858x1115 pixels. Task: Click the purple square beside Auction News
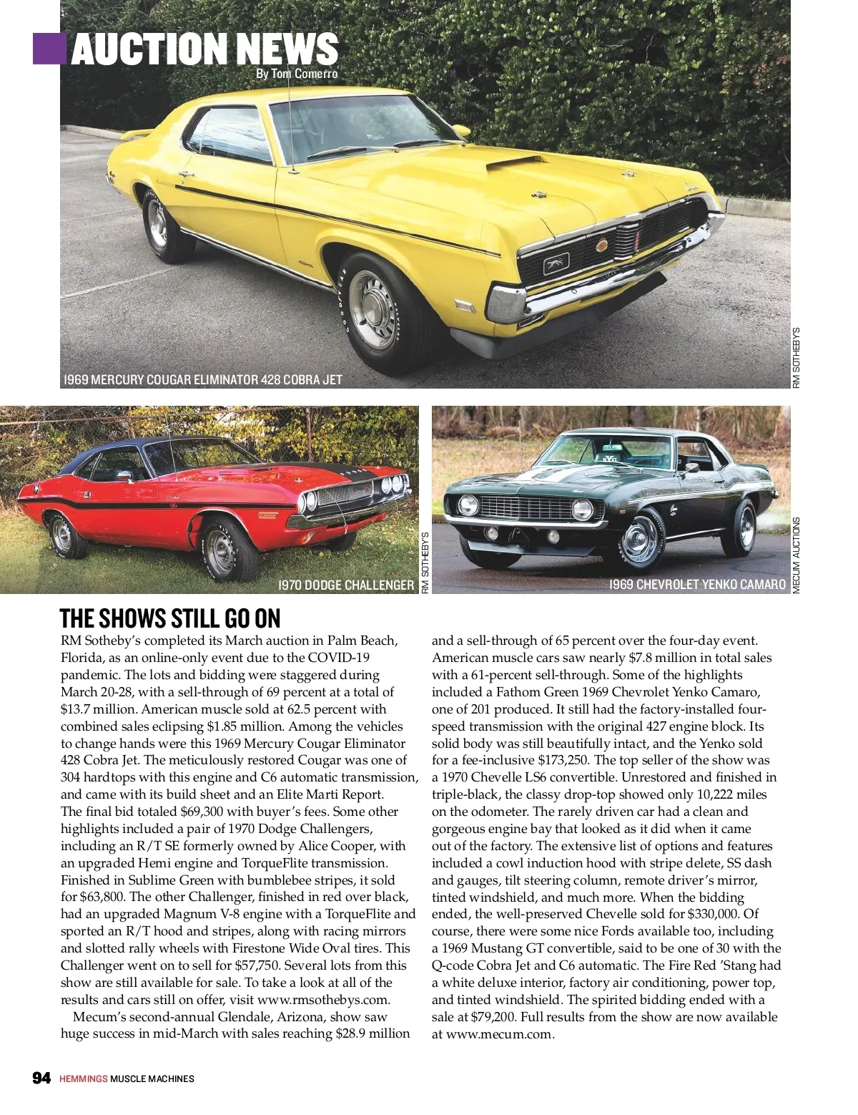(x=49, y=47)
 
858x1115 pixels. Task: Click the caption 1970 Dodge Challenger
(x=345, y=585)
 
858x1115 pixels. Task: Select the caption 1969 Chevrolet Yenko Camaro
(x=697, y=585)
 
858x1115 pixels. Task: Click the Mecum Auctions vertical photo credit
(x=797, y=555)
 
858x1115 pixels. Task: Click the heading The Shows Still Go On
(x=170, y=618)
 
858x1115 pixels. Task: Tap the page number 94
(x=41, y=1078)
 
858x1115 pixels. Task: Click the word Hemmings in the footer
(x=83, y=1079)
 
